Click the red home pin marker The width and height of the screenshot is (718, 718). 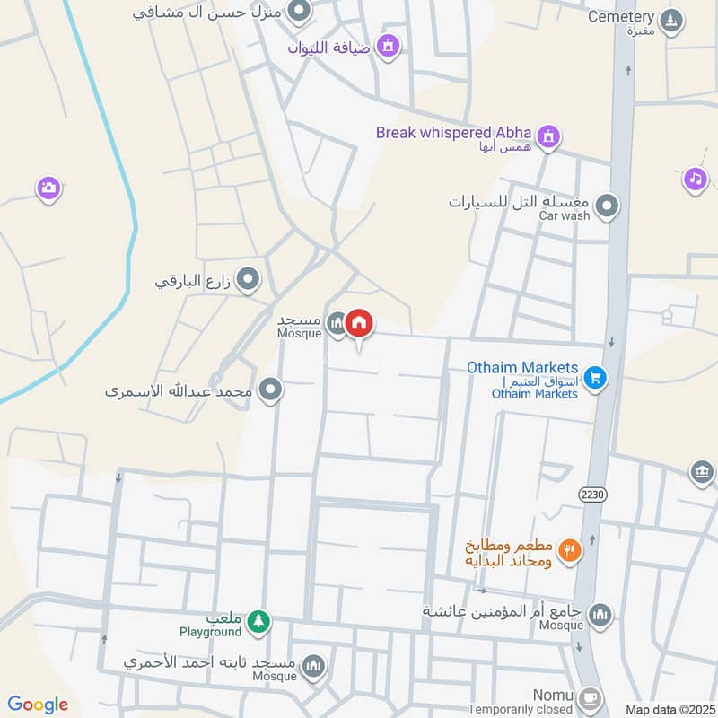[359, 324]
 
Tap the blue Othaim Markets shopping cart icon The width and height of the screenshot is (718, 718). [594, 378]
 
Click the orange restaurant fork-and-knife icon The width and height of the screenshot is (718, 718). [569, 548]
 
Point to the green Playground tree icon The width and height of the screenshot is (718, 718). [258, 620]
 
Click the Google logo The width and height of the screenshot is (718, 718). [38, 705]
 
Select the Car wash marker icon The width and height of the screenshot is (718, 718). [608, 207]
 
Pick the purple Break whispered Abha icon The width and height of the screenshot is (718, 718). [550, 137]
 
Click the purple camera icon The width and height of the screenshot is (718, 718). [48, 188]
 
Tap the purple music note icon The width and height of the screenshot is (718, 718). [695, 179]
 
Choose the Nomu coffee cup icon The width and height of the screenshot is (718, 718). [590, 696]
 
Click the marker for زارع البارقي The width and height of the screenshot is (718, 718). [249, 282]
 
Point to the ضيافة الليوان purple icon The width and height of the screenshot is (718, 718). [388, 44]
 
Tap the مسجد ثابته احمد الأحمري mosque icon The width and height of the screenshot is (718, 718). [313, 665]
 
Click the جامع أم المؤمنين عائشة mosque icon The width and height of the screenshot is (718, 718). [601, 615]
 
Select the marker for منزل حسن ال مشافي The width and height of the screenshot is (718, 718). [300, 12]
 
